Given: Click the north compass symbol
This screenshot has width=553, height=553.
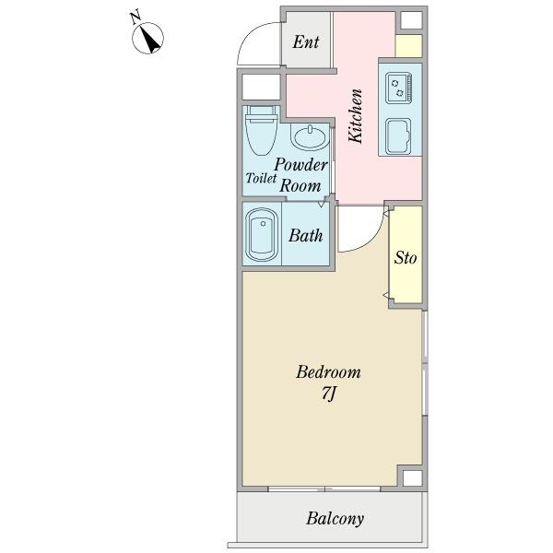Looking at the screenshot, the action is click(147, 38).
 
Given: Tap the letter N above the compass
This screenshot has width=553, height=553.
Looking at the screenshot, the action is click(135, 18).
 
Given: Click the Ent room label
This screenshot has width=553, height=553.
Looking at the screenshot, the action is click(306, 42).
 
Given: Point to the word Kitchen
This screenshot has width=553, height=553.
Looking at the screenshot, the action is click(355, 116).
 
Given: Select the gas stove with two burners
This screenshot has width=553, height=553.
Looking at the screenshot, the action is click(399, 88).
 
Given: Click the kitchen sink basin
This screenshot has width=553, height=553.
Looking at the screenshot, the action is click(398, 136).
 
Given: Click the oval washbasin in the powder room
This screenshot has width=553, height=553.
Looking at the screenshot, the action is click(310, 137).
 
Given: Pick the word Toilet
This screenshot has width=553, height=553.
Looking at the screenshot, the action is click(261, 178).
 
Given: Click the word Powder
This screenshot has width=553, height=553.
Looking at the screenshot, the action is click(300, 165).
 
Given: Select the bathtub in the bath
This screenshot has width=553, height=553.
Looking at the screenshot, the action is click(262, 234).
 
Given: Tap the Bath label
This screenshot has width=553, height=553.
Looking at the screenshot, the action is click(305, 236).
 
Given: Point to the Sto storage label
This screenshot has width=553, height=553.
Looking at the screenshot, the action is click(406, 257).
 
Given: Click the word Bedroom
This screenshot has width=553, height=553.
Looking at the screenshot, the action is click(328, 372).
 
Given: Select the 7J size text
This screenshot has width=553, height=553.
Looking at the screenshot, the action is click(328, 394).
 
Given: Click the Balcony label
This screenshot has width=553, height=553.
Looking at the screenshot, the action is click(335, 518).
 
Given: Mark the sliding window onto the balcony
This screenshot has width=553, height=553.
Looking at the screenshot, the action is click(324, 489).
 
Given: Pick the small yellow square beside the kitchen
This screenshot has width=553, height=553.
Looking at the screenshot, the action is click(408, 46).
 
